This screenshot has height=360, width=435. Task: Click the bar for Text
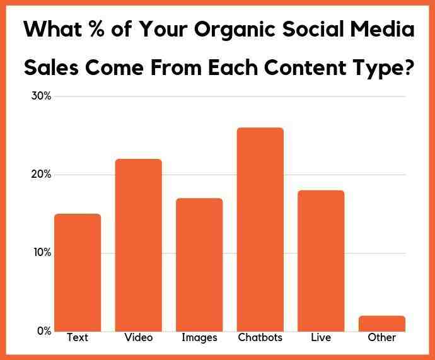pos(78,272)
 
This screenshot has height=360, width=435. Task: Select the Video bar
pos(139,245)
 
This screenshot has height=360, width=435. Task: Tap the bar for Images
pos(199,265)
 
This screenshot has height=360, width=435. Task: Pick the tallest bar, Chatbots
pos(260,229)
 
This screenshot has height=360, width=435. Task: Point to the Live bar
pos(321,261)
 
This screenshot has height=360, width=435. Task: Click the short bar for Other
pos(382,323)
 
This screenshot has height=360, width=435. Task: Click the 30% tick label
pos(41,96)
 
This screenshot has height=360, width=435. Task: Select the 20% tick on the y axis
pos(41,175)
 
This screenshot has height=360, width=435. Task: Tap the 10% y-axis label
pos(42,253)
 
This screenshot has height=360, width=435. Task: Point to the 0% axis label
pos(44,331)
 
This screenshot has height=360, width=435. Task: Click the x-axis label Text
pos(78,337)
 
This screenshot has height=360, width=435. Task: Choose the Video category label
pos(139,337)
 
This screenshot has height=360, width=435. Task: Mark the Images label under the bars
pos(199,338)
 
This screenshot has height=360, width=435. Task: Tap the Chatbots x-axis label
pos(260,337)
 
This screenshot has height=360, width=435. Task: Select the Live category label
pos(321,337)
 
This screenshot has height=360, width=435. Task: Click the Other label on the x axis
pos(382,337)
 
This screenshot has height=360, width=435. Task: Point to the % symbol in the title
pos(97,28)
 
